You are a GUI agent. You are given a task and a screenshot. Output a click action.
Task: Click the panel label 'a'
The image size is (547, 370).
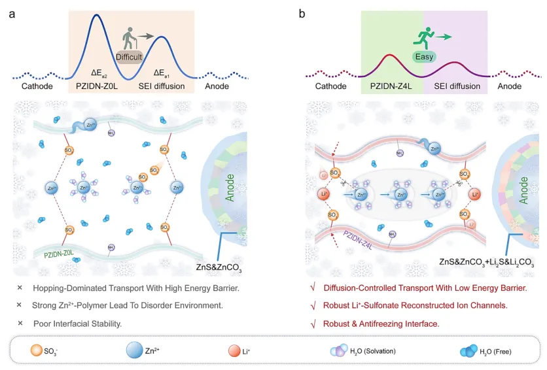[x=12, y=12]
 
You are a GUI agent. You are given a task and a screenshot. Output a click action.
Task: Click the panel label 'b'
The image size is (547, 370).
[x=302, y=12]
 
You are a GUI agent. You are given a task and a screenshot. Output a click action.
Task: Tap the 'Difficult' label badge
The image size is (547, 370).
[x=129, y=56]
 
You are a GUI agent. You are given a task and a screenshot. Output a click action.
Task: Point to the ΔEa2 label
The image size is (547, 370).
[x=105, y=73]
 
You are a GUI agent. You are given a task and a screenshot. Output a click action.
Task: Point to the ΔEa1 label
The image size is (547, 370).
[x=163, y=73]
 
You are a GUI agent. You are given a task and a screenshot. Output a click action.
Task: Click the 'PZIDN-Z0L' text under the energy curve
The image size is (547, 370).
[x=99, y=86]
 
